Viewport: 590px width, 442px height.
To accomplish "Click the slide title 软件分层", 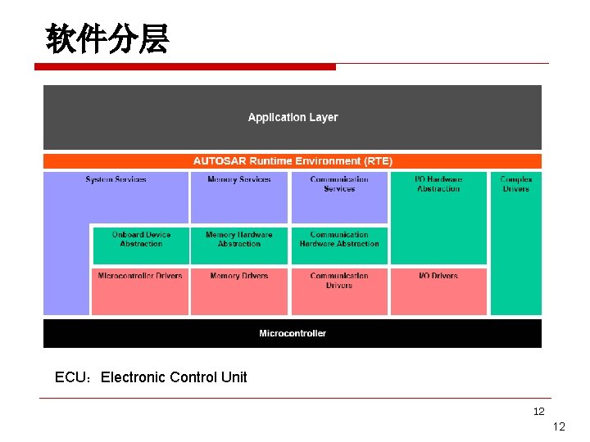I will click(107, 38).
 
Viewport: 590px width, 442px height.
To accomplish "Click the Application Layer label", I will click(293, 117).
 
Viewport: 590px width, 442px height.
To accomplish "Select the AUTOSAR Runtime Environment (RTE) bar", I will click(293, 161).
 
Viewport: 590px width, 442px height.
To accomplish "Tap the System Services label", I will click(116, 179).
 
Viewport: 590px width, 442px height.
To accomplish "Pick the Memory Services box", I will click(239, 196).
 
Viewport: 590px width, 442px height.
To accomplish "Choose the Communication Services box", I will click(339, 196).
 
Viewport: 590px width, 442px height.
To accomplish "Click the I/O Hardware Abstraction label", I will click(438, 184).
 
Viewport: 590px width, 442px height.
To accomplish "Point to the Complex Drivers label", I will click(515, 184).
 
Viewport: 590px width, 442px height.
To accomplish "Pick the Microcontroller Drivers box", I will click(140, 291).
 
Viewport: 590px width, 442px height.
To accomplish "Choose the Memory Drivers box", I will click(239, 291).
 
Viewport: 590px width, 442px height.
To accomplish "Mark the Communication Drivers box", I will click(339, 291).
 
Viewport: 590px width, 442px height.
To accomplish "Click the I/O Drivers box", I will click(438, 291).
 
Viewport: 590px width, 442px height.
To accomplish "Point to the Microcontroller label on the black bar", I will click(293, 333).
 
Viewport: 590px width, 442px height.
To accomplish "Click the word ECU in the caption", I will click(71, 377).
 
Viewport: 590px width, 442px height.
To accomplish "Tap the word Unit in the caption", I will click(234, 377).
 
